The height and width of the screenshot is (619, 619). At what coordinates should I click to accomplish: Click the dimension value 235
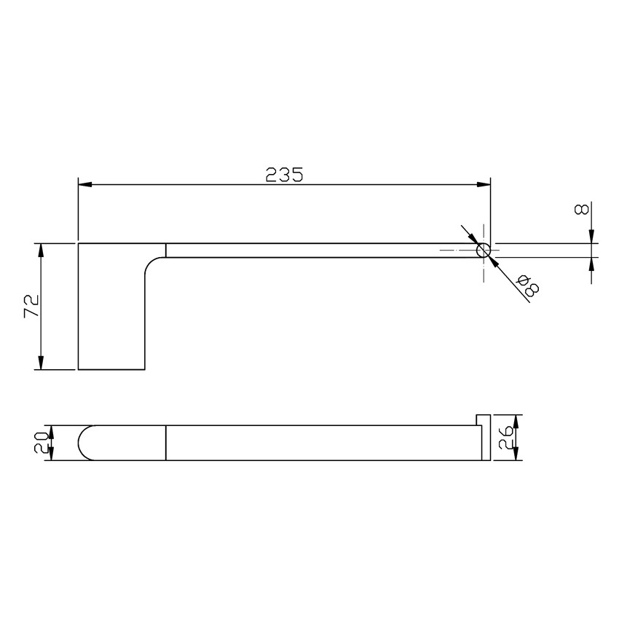[283, 174]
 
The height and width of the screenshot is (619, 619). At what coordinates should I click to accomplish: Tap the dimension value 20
[42, 442]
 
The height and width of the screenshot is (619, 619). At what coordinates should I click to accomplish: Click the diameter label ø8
[529, 285]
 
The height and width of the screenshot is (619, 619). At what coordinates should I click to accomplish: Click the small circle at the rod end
[483, 251]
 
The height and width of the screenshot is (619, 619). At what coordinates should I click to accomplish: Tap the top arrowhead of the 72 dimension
[42, 249]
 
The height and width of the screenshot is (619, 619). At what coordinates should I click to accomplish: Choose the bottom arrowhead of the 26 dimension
[516, 455]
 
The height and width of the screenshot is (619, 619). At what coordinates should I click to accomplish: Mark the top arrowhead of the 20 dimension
[51, 429]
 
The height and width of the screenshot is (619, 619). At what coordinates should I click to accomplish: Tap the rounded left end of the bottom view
[84, 442]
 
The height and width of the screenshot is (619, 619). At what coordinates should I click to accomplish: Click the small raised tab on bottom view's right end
[481, 419]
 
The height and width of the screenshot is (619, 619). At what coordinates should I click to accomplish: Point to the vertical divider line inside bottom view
[166, 442]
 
